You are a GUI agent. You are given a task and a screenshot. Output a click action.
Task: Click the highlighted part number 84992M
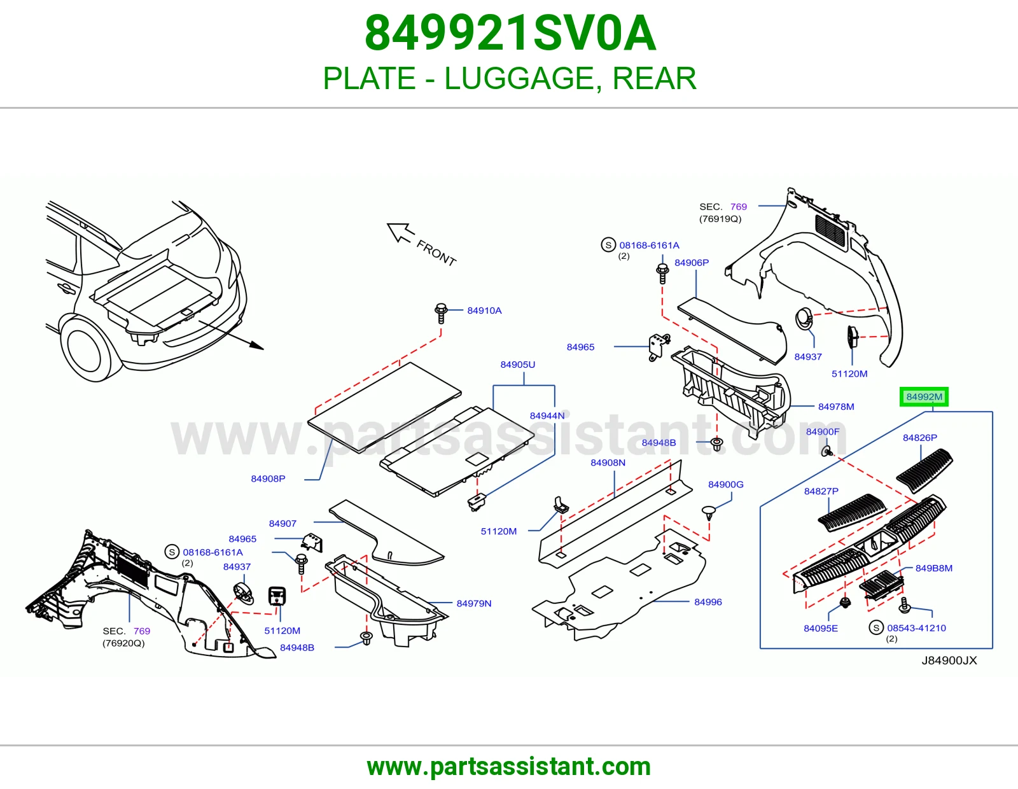coord(924,397)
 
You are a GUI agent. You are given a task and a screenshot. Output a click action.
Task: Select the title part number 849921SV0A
coord(510,33)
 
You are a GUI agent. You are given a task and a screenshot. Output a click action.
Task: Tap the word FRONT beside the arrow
coord(436,253)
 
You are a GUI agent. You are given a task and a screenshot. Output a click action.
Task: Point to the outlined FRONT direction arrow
coord(401,232)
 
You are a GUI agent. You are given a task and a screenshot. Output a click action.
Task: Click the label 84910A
coord(484,311)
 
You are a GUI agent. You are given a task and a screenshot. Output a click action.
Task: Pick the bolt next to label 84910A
coord(441,313)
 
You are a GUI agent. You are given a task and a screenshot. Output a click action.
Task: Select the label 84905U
coord(518,365)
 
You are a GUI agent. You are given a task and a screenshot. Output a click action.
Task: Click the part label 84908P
coord(268,479)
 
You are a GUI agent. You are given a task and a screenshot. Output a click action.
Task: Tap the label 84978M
coord(836,407)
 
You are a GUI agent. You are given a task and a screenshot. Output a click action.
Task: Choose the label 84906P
coord(692,263)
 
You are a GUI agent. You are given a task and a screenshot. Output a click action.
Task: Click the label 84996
coord(708,602)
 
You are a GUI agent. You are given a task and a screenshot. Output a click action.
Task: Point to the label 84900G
coord(726,484)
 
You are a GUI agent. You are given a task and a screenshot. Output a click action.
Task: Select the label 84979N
coord(474,603)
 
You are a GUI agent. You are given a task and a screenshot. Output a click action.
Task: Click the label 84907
coord(282,524)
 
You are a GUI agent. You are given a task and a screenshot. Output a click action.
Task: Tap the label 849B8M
coord(934,568)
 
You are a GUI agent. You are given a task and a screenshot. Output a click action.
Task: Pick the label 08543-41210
coord(916,628)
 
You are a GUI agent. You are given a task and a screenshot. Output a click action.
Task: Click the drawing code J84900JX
coord(949,660)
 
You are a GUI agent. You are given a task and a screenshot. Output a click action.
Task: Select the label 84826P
coord(920,438)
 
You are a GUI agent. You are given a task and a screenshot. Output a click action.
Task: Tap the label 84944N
coord(547,415)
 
